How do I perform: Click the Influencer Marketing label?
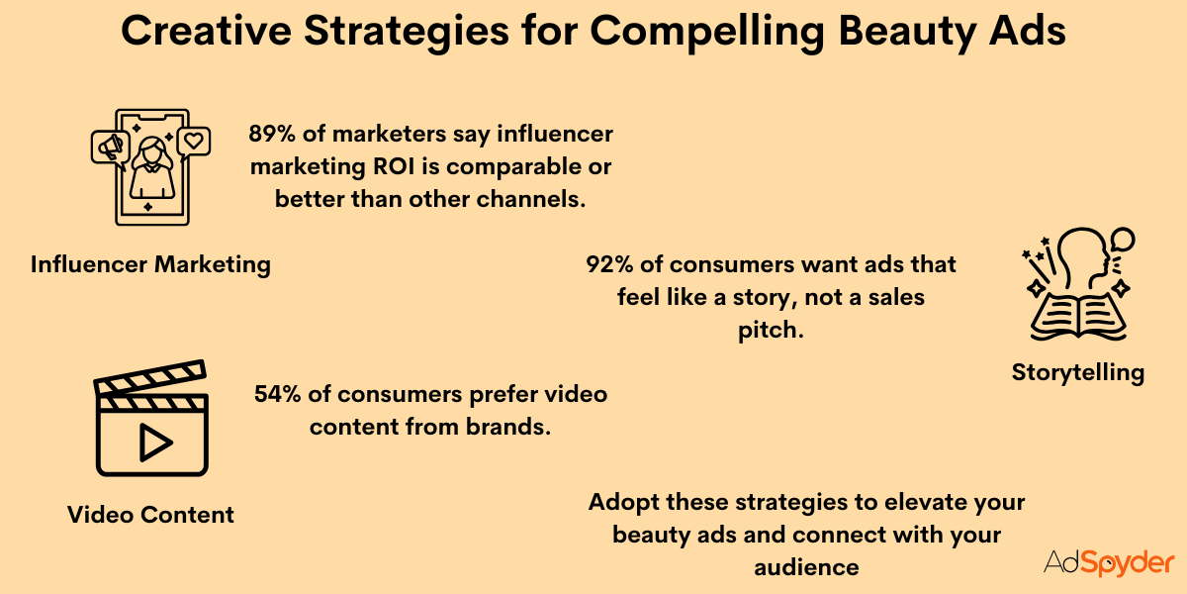pyautogui.click(x=150, y=264)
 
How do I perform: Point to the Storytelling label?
pyautogui.click(x=1077, y=372)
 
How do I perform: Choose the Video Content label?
pyautogui.click(x=150, y=514)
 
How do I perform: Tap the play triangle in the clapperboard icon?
pyautogui.click(x=153, y=443)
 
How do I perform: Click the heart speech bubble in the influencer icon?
pyautogui.click(x=194, y=142)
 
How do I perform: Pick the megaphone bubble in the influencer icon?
pyautogui.click(x=110, y=148)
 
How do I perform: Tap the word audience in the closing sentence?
pyautogui.click(x=805, y=567)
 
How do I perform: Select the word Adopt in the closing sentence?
pyautogui.click(x=623, y=502)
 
